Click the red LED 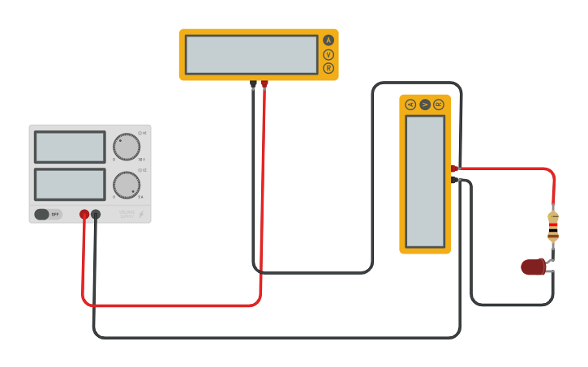click(x=534, y=267)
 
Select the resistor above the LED click(x=553, y=226)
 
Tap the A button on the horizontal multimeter click(x=328, y=40)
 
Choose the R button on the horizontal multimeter click(x=328, y=68)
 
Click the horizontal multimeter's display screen click(x=251, y=54)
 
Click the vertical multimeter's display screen click(x=425, y=181)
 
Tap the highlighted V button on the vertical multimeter click(x=425, y=105)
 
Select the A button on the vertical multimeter click(x=410, y=105)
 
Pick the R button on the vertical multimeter click(x=439, y=105)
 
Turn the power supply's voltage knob click(x=127, y=147)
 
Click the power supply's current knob click(x=127, y=185)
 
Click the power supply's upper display click(x=70, y=147)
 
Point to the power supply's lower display click(x=70, y=184)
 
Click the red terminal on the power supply click(x=84, y=215)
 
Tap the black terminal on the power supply click(x=96, y=215)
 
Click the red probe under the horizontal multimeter click(x=264, y=83)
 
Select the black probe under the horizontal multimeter click(x=253, y=83)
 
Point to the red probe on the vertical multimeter click(x=455, y=169)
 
